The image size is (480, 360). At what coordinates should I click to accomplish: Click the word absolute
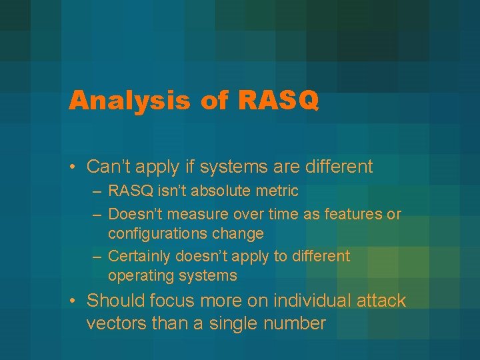[215, 191]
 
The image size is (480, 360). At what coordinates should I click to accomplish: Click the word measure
[195, 214]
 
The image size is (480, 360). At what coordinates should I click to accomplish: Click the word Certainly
[135, 256]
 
